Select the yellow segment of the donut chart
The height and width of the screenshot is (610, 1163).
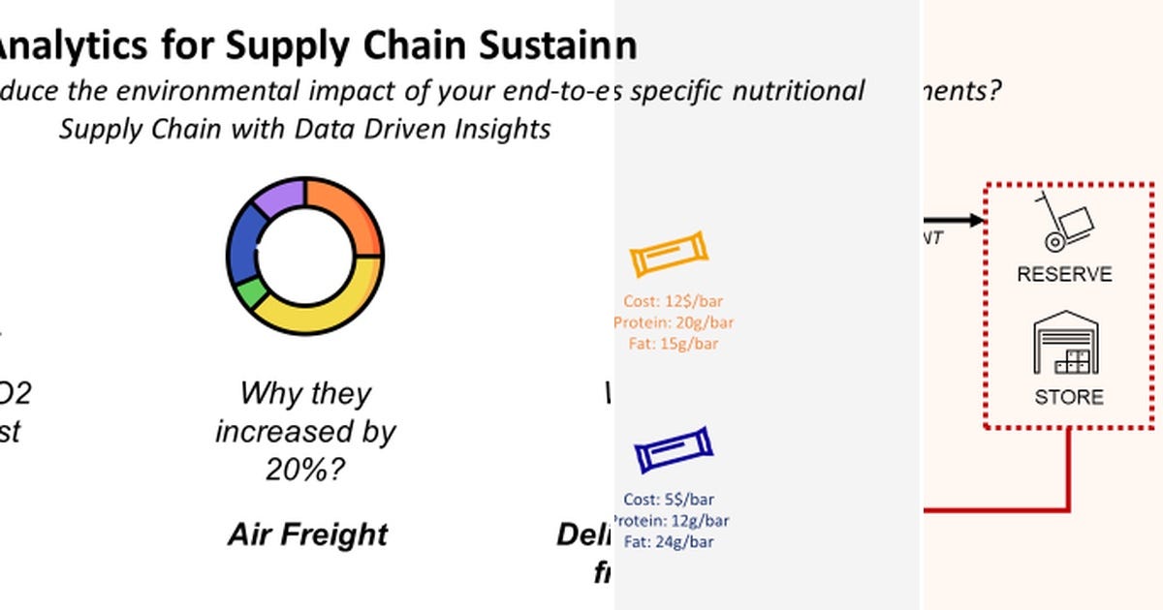click(330, 300)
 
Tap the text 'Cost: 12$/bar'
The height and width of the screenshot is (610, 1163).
click(674, 302)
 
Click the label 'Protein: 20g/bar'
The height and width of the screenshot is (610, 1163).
click(674, 322)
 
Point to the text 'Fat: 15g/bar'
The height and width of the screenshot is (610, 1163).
click(674, 343)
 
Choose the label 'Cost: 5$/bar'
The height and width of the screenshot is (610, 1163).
click(669, 500)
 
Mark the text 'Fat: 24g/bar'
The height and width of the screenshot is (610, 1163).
click(669, 541)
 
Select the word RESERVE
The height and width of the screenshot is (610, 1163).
click(1064, 275)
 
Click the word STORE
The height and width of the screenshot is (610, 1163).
click(1068, 397)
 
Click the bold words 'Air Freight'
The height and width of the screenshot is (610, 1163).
click(308, 534)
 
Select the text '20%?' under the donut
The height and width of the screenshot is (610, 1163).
click(305, 471)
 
